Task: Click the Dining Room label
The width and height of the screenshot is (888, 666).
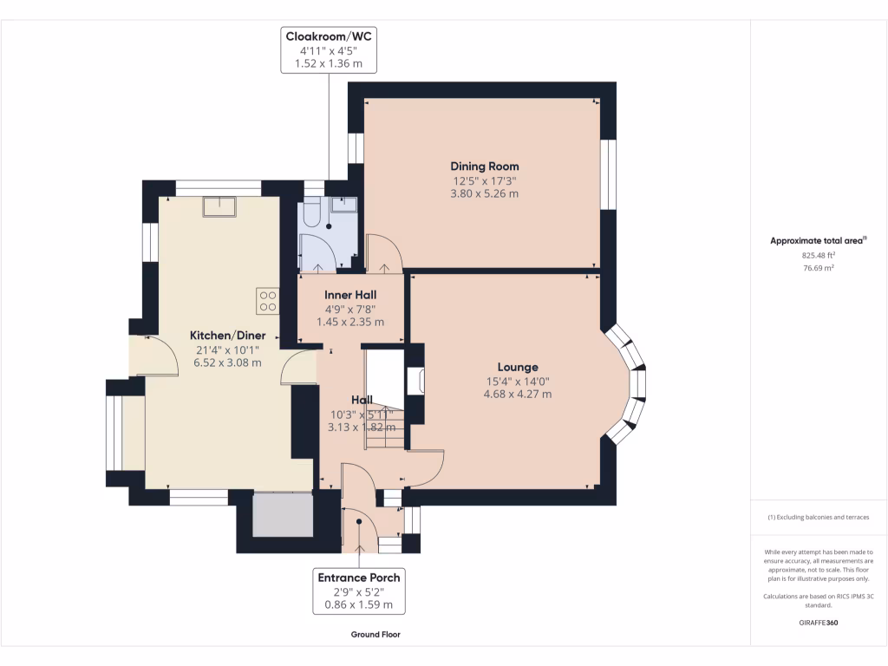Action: [484, 166]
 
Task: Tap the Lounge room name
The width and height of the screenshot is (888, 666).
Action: [518, 368]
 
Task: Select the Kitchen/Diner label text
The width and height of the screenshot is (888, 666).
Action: [228, 336]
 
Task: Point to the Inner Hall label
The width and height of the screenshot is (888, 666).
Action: [350, 295]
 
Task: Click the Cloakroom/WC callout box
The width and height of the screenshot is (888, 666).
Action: [329, 49]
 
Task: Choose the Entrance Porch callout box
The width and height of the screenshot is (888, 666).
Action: [359, 591]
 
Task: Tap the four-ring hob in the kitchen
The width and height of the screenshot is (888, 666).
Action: [268, 301]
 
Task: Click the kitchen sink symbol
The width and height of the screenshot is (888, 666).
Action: [219, 206]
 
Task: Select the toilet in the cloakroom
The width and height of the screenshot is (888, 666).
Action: [312, 212]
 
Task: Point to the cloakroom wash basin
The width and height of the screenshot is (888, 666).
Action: [343, 204]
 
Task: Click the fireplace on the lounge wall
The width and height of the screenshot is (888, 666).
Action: [415, 381]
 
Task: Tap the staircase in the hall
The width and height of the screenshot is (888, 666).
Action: [385, 400]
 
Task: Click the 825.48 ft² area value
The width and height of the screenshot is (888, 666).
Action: [819, 256]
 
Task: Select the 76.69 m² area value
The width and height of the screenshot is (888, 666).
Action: [819, 268]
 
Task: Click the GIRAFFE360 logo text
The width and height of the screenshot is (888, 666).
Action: [819, 623]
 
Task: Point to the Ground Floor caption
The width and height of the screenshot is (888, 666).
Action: [375, 635]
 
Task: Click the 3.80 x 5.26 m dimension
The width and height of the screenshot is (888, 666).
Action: [484, 193]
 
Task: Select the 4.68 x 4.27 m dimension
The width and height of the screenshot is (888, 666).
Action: [518, 395]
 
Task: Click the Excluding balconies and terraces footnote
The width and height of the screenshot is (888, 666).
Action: [819, 517]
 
